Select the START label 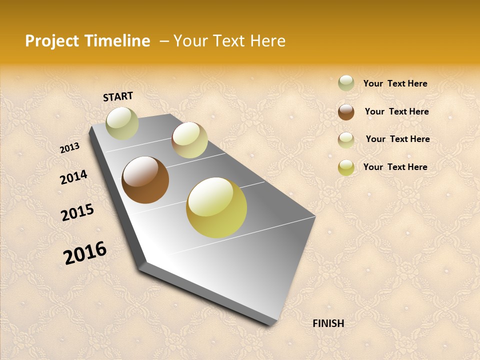(118, 96)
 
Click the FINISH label (328, 323)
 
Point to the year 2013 (69, 148)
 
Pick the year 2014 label (73, 177)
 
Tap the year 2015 (77, 212)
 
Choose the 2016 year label (85, 253)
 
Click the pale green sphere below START (122, 123)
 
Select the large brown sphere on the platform (145, 180)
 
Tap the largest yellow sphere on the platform (216, 207)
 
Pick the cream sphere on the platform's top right (189, 140)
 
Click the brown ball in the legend (346, 112)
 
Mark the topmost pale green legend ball (346, 83)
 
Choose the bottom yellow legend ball (346, 167)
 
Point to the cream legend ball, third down (346, 140)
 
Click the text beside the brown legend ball (396, 111)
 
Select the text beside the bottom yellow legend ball (395, 167)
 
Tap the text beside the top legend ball (395, 83)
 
